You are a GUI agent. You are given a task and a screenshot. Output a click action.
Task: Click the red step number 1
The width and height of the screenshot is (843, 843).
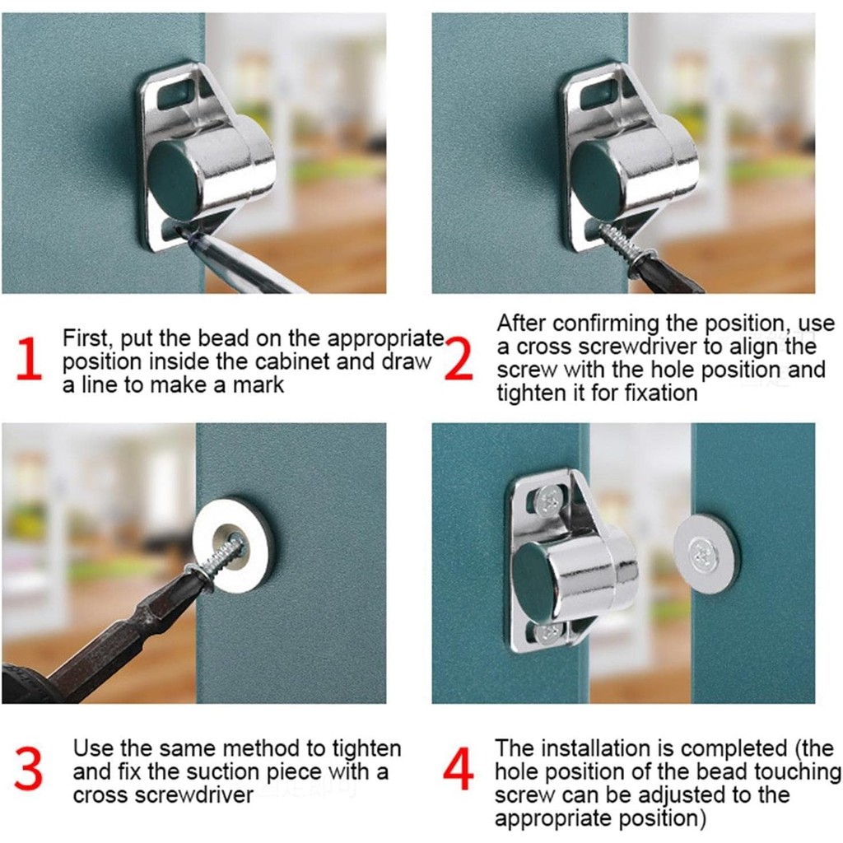(x=29, y=359)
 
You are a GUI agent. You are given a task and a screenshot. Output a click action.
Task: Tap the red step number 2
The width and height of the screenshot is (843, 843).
(x=459, y=359)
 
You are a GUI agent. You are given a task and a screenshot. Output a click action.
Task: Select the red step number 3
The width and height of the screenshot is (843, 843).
(x=28, y=769)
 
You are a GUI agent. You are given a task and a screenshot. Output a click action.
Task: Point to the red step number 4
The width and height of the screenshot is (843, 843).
(x=459, y=769)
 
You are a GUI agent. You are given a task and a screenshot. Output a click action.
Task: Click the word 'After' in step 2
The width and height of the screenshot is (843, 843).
(x=521, y=323)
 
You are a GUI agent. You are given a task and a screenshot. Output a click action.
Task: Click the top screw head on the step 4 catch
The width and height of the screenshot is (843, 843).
(x=549, y=500)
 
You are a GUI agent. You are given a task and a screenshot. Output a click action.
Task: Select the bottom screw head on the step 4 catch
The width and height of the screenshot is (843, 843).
(x=549, y=633)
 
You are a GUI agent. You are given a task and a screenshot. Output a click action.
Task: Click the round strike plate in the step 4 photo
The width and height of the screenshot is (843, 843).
(x=706, y=554)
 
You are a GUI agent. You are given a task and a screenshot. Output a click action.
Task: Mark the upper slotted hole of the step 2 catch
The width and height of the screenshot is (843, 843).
(x=598, y=93)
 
